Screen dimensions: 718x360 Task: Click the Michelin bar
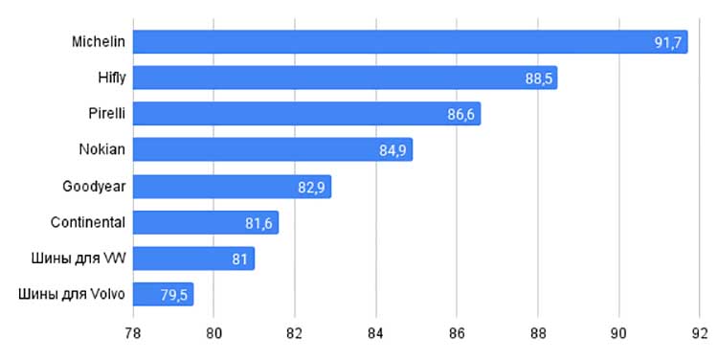[411, 42]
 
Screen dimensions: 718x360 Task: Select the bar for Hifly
[346, 78]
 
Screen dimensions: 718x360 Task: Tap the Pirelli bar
[306, 114]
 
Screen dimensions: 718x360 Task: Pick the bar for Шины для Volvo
[164, 294]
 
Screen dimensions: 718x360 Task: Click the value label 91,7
[667, 42]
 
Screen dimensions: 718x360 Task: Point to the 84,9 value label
[393, 150]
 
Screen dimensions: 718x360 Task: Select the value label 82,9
[311, 188]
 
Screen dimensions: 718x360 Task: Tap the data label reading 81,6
[258, 223]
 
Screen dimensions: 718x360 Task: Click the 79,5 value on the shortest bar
[173, 296]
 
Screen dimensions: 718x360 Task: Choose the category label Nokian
[101, 149]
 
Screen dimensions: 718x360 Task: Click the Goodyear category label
[94, 187]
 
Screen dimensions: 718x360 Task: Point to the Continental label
[87, 222]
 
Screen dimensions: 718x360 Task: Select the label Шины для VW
[79, 259]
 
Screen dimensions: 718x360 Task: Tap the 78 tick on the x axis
[133, 333]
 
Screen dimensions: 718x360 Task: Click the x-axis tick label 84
[375, 333]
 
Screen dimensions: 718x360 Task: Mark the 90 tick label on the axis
[618, 333]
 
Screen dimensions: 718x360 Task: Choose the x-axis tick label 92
[700, 333]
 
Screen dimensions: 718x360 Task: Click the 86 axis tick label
[457, 333]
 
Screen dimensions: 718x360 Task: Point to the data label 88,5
[538, 79]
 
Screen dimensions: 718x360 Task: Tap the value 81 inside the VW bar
[239, 259]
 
